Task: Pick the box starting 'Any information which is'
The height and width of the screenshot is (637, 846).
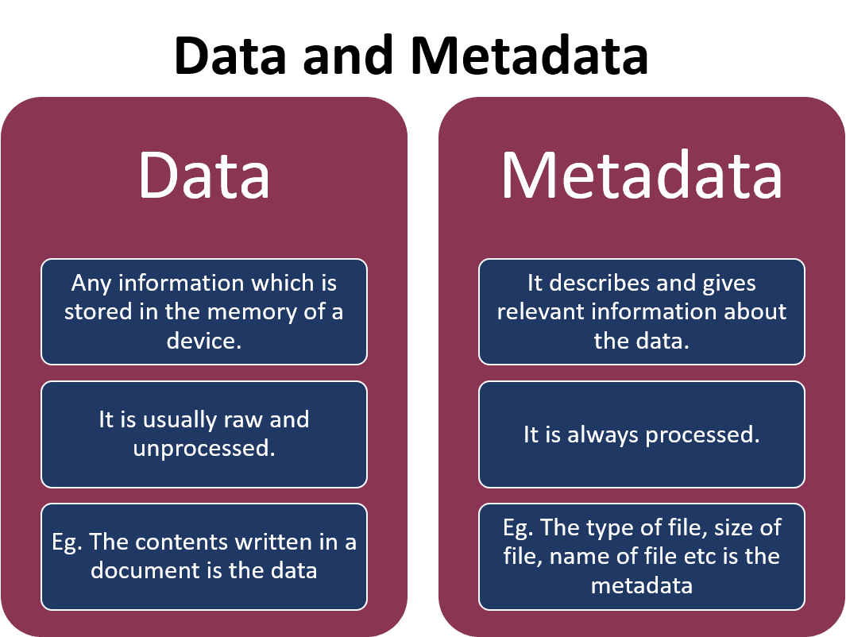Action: (x=204, y=311)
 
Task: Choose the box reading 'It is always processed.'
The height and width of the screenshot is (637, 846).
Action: (x=641, y=434)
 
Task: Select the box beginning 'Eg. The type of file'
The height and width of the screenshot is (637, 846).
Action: (x=641, y=556)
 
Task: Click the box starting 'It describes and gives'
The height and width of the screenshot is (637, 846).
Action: (x=641, y=311)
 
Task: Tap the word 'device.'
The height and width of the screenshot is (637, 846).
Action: (x=204, y=341)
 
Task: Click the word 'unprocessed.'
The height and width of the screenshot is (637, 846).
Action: (x=204, y=449)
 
